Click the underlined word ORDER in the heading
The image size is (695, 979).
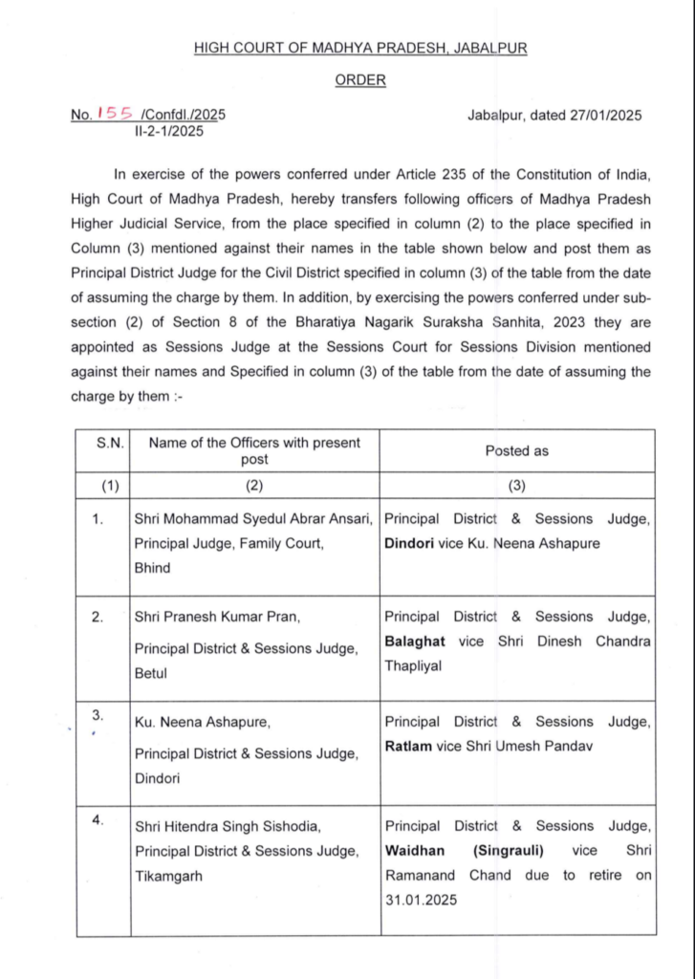360,80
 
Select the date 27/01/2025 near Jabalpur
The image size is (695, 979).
601,115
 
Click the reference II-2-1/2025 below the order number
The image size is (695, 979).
171,132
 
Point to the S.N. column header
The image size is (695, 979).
104,443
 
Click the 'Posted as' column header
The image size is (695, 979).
517,450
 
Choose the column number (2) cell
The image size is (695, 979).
253,486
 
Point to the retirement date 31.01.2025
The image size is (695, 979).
420,900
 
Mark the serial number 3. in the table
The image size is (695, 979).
97,714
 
